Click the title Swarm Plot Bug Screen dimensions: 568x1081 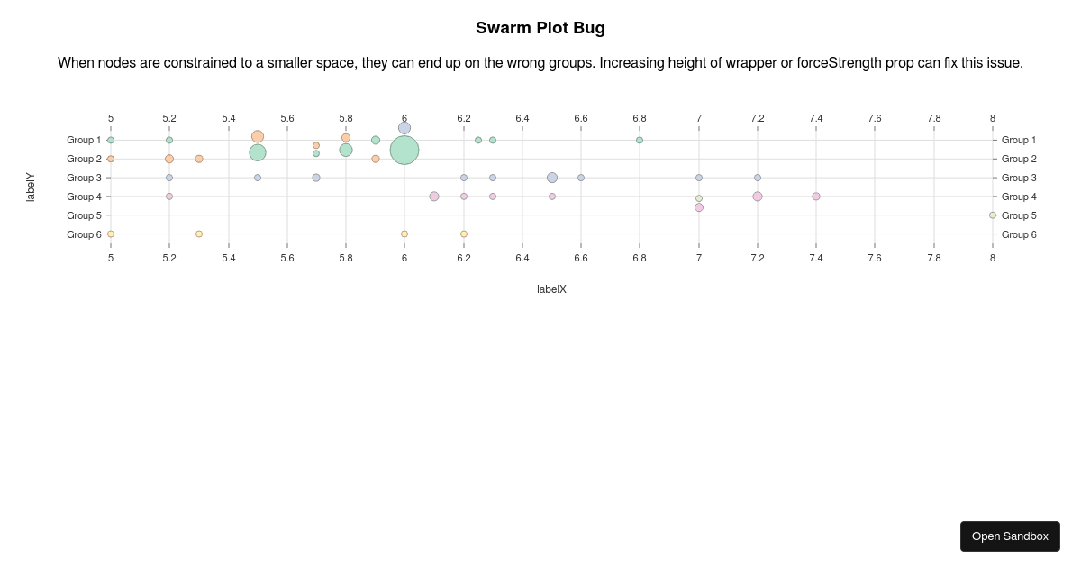540,28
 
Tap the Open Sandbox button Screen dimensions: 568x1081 1010,536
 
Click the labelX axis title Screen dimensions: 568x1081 551,289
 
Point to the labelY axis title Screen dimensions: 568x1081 31,187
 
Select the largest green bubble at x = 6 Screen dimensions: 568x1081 404,150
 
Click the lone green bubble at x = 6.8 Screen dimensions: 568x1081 640,140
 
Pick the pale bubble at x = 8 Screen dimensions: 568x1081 993,215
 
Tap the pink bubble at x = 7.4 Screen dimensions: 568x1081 816,197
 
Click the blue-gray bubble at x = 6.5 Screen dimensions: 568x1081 552,178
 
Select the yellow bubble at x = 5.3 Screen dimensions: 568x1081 199,234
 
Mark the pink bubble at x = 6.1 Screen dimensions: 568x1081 434,197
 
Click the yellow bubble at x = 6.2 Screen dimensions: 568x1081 464,234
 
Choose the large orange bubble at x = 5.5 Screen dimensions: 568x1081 258,137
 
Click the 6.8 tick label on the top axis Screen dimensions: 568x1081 640,118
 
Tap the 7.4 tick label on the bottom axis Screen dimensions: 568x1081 816,258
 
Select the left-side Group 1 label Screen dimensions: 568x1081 84,140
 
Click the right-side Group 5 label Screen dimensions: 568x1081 1019,215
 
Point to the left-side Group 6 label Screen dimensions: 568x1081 84,234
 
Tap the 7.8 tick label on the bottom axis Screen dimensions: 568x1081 934,258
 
